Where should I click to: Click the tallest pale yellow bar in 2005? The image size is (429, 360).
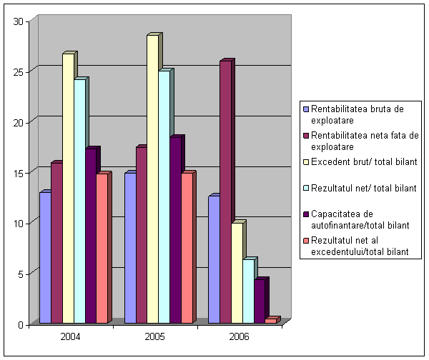[x=152, y=179]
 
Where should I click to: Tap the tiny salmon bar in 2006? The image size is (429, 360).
[x=270, y=321]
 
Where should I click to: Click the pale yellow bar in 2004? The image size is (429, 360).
[x=68, y=189]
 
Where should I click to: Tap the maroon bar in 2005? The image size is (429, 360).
[x=142, y=235]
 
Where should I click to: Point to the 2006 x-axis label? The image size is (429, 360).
[x=240, y=336]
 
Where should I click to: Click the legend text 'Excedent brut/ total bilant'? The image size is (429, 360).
[x=363, y=162]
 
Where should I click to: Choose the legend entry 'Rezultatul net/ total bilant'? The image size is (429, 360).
[x=363, y=188]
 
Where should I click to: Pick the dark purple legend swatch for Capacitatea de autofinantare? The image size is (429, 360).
[x=305, y=214]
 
